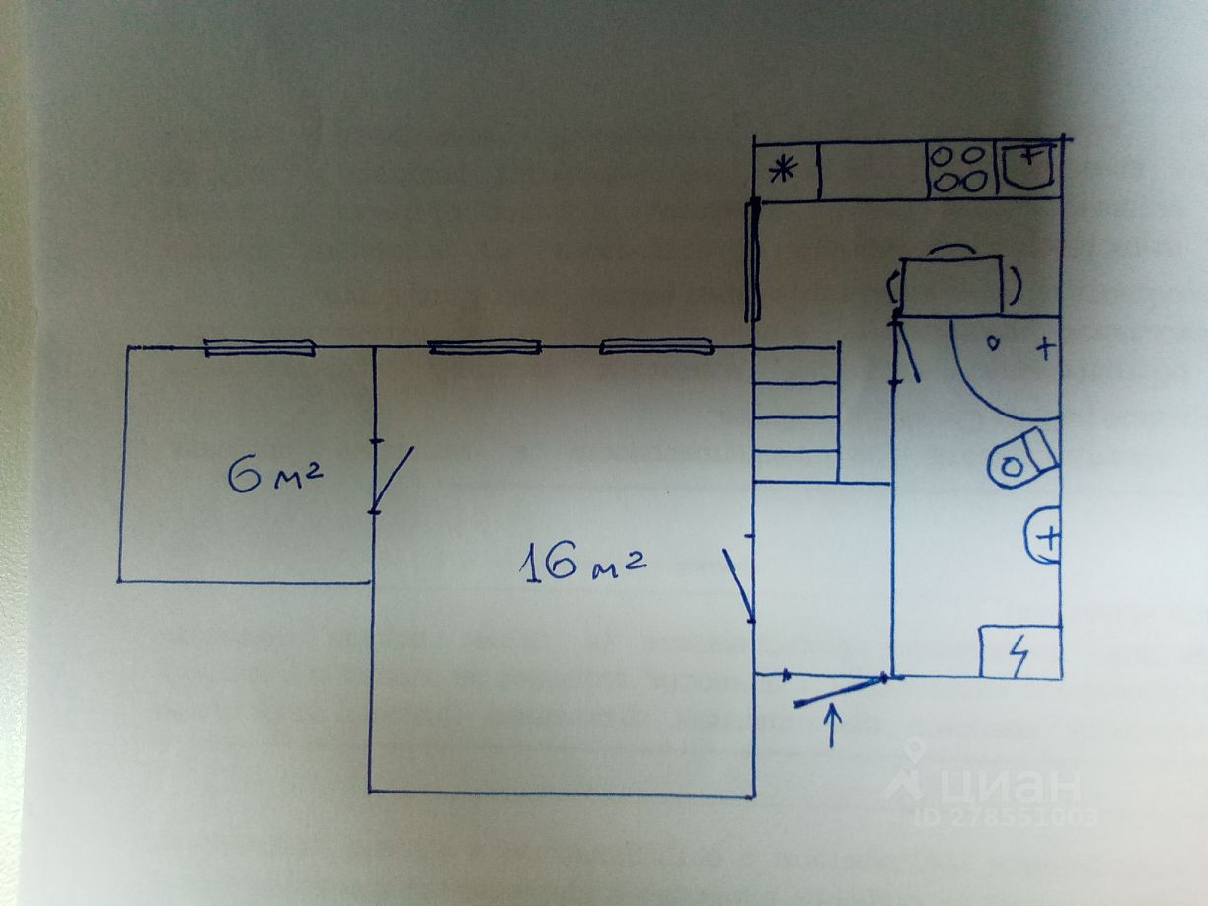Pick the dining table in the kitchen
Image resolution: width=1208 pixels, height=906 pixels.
tap(952, 285)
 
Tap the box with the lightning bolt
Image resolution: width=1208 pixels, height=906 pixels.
tap(1019, 651)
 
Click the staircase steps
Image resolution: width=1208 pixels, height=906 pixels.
tap(795, 415)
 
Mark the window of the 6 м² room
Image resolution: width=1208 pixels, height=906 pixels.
tap(260, 346)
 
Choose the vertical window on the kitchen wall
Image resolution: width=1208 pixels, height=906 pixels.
tap(753, 259)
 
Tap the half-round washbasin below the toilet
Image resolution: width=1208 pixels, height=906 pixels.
tap(1042, 536)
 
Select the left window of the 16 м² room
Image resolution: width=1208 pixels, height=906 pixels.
tap(485, 346)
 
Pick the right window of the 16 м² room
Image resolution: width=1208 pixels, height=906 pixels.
tap(656, 345)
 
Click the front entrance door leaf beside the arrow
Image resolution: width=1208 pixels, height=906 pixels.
tap(839, 691)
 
